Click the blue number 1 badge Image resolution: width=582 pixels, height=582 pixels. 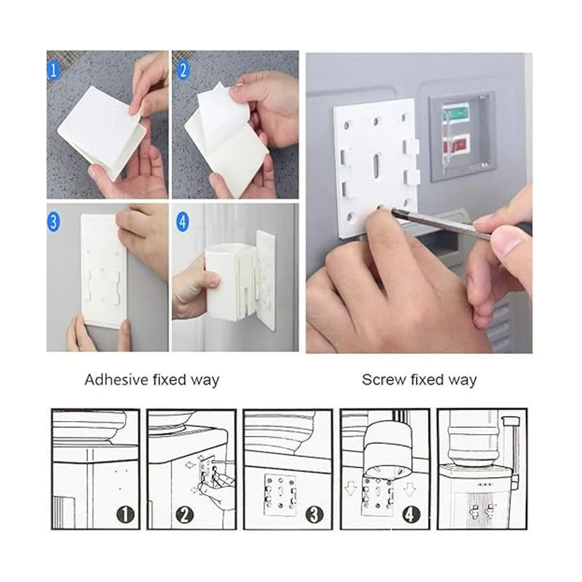tap(53, 70)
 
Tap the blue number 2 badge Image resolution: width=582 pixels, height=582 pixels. tap(183, 70)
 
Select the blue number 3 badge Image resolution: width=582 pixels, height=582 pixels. tap(53, 222)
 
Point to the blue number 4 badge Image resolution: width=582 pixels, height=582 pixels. tap(183, 222)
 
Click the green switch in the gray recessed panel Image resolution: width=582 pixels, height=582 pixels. tap(456, 114)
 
